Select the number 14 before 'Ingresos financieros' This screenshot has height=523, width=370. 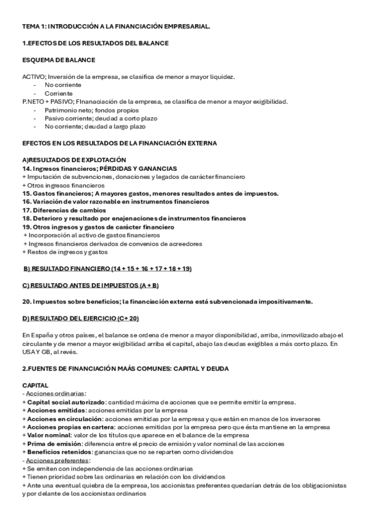(x=26, y=168)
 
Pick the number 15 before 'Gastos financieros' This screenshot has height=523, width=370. (x=26, y=194)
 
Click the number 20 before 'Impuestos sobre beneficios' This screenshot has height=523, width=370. (x=26, y=302)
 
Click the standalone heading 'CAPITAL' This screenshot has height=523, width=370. (x=35, y=385)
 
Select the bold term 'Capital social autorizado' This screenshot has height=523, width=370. (x=65, y=402)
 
